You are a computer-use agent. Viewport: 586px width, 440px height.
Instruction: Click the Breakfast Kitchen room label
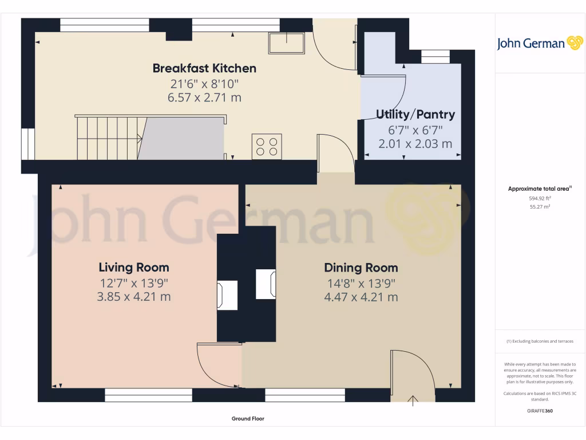tap(204, 68)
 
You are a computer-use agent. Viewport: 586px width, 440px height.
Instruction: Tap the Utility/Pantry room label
tap(415, 114)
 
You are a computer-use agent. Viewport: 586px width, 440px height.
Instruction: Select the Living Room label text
tap(134, 268)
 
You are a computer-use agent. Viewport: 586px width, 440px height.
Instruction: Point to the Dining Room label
tap(361, 268)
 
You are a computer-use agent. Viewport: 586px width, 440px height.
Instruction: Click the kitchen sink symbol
tap(287, 43)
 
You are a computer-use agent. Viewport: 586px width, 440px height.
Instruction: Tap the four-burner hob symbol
tap(267, 146)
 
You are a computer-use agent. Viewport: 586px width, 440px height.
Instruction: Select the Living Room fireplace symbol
tap(227, 295)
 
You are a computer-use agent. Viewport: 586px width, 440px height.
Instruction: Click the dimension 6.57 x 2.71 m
tap(204, 97)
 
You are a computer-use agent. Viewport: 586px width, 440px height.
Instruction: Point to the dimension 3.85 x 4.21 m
tap(134, 297)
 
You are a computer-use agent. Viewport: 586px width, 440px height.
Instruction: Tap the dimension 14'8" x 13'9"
tap(361, 282)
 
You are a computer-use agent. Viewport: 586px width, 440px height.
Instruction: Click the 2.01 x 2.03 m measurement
tap(415, 143)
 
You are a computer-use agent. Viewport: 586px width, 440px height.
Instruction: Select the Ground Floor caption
tap(248, 419)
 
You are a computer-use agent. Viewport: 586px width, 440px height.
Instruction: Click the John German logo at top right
tap(539, 44)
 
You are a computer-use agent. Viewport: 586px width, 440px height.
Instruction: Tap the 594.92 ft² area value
tap(540, 198)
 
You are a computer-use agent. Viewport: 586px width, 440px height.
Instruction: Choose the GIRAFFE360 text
tap(540, 411)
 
